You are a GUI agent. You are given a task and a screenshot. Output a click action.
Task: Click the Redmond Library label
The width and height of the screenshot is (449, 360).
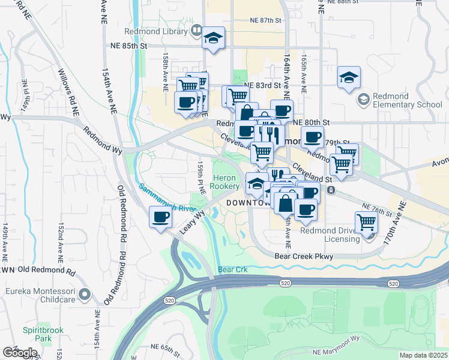(157, 31)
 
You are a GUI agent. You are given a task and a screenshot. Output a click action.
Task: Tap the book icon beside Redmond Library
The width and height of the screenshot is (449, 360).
(196, 30)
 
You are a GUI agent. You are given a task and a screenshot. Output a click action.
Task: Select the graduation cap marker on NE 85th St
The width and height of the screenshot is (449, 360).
(213, 39)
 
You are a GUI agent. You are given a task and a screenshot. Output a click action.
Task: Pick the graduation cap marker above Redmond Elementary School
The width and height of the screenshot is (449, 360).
(349, 78)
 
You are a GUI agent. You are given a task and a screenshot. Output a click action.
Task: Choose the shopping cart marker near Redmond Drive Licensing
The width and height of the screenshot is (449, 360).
(366, 222)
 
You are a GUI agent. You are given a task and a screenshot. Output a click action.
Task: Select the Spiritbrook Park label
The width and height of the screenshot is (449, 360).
(37, 334)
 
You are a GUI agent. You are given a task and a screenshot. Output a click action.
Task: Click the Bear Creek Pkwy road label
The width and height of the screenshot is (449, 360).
(304, 256)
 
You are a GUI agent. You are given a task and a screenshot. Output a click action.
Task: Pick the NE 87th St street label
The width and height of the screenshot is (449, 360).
(266, 20)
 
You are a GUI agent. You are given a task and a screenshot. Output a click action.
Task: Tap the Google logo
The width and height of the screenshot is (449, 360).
(20, 352)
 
